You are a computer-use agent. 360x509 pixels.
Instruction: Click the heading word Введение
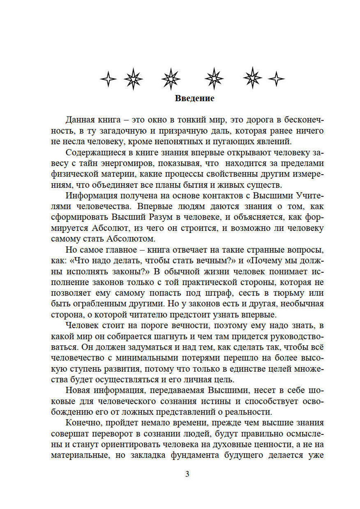194,98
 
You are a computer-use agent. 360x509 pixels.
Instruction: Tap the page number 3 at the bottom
187,474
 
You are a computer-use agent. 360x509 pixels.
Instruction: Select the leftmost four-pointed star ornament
108,79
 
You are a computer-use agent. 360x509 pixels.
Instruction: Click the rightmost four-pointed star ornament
276,79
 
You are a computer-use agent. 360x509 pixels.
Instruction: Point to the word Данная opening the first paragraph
80,120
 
